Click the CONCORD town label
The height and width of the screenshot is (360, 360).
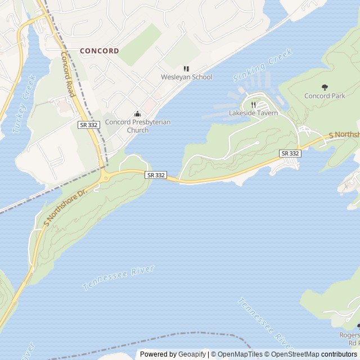(99, 51)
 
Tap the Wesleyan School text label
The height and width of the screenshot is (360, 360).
(186, 77)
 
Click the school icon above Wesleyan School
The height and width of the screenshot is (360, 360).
(186, 69)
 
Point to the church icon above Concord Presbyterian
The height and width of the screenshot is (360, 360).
(137, 114)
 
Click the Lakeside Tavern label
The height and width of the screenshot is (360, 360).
(253, 113)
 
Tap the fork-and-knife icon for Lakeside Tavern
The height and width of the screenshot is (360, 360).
(254, 104)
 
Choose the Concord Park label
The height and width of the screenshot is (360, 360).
(325, 96)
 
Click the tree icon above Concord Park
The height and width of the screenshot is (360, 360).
(325, 87)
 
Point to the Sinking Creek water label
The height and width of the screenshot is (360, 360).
(263, 66)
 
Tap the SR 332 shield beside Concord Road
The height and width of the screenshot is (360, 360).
(88, 124)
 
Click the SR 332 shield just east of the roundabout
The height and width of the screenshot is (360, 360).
(156, 175)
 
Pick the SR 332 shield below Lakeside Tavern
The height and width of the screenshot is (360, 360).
(289, 153)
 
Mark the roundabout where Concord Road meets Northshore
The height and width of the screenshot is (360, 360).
(106, 178)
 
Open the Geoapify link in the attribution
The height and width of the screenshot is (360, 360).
(193, 354)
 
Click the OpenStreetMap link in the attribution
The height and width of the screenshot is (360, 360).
(295, 354)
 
